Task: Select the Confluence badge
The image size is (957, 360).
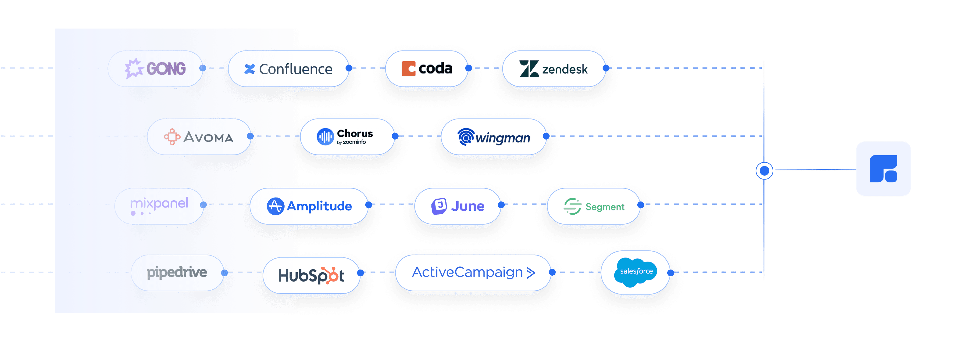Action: coord(289,69)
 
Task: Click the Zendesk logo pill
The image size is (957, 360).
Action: coord(553,69)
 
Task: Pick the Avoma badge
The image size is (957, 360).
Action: coord(199,137)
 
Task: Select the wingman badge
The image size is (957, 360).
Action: coord(493,137)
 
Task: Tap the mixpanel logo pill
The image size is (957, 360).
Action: coord(159,205)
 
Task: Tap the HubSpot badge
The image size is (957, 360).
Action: coord(311,275)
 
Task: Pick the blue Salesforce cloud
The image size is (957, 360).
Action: coord(636,272)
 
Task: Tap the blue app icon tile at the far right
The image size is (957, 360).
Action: coord(883,169)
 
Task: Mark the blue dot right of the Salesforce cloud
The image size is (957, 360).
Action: coord(671,273)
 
